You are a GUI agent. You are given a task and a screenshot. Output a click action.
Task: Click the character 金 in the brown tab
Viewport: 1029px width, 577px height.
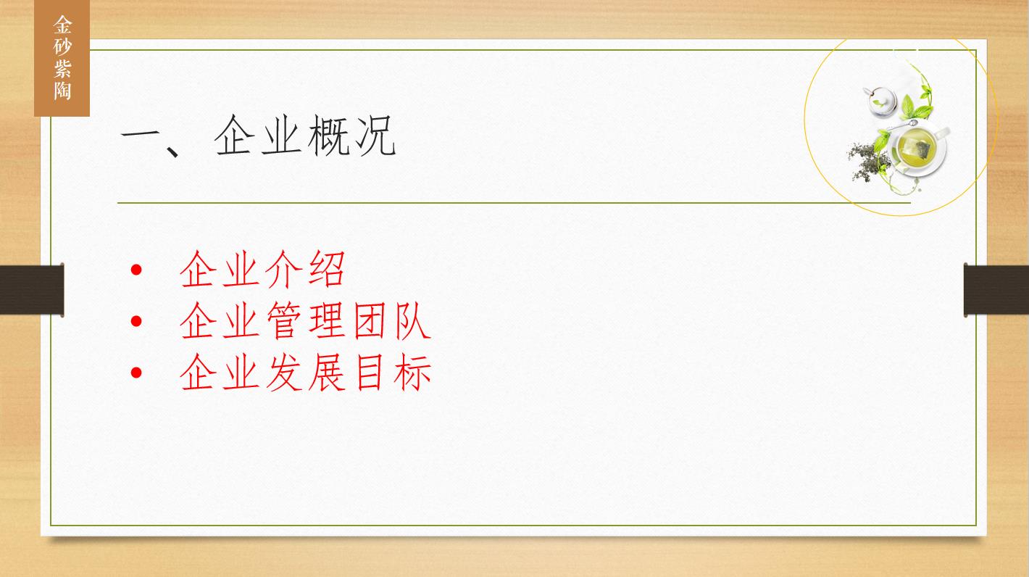[x=62, y=25]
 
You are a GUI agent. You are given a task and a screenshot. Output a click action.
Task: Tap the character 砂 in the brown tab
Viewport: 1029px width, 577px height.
[x=62, y=47]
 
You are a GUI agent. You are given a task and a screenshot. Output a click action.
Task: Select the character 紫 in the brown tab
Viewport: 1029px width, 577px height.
[x=62, y=69]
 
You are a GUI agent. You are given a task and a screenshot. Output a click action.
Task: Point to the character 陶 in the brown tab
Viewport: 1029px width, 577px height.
[x=62, y=91]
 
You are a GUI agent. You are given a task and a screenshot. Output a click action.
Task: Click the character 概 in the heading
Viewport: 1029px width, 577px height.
[x=328, y=136]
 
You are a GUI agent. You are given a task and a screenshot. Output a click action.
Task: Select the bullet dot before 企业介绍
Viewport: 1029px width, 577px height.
[x=136, y=270]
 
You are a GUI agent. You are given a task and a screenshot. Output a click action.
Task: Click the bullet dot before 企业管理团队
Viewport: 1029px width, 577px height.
[x=136, y=320]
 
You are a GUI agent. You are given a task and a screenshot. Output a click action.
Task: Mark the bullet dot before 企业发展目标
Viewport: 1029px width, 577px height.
[x=136, y=372]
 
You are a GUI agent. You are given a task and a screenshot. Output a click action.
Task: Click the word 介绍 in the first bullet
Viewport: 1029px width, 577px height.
[x=304, y=269]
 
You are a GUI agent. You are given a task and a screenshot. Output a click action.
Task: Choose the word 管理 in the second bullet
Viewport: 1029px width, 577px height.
[x=304, y=320]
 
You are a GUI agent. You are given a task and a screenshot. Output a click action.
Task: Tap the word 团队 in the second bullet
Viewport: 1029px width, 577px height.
[x=392, y=320]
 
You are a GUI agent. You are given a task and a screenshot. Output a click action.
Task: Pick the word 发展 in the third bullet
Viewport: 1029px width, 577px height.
[x=304, y=372]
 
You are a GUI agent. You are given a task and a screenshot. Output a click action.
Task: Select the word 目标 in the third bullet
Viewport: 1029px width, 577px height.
[x=392, y=372]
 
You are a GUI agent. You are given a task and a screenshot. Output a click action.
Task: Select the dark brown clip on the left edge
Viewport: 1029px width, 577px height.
[x=32, y=290]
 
